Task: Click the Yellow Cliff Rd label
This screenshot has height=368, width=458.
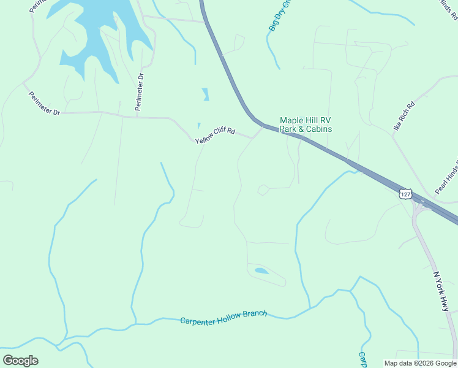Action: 215,136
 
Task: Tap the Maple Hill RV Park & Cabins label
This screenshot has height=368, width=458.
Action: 306,125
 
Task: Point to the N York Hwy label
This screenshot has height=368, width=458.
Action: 441,292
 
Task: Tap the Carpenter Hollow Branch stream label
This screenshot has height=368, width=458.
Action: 223,317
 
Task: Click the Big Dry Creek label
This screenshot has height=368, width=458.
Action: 279,16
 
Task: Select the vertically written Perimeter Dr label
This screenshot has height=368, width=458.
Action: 140,93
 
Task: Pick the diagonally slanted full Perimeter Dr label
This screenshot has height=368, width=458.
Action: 44,104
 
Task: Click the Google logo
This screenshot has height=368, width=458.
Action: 20,361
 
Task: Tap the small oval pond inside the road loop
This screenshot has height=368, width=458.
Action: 261,270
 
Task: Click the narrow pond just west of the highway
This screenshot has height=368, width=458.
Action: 205,94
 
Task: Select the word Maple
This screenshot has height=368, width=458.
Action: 291,120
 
